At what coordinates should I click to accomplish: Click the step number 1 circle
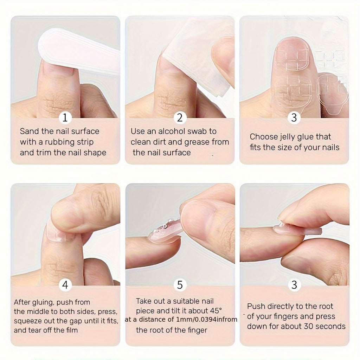point(65,118)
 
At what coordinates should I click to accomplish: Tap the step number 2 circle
point(180,118)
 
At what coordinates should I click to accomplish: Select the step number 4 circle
point(65,285)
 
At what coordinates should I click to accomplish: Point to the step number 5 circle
point(180,285)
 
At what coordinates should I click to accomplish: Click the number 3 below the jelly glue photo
point(294,118)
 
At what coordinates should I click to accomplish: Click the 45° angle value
point(215,311)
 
